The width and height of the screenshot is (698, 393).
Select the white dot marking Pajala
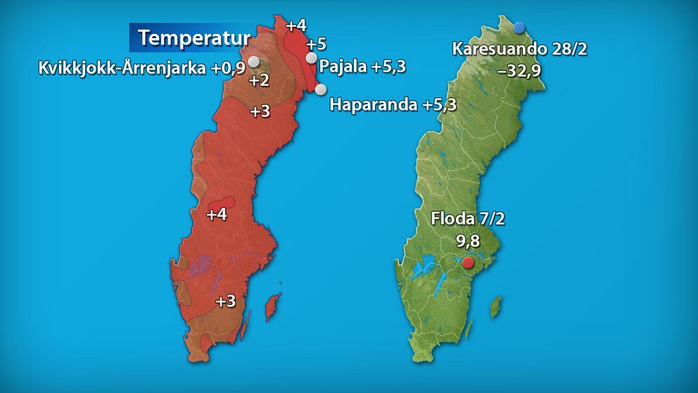[312, 58]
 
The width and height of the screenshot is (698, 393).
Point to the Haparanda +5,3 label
[393, 105]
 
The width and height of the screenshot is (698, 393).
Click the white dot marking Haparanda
[321, 89]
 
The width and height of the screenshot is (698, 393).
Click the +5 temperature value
[317, 44]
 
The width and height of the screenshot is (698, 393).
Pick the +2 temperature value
[259, 80]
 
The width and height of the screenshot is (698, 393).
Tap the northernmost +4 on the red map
[296, 26]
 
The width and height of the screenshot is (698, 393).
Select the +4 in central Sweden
[217, 214]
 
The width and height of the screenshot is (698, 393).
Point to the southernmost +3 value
[225, 301]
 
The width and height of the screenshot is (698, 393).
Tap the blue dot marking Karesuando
[519, 27]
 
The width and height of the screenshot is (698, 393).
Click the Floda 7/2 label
[468, 219]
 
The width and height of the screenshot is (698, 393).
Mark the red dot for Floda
[468, 263]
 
